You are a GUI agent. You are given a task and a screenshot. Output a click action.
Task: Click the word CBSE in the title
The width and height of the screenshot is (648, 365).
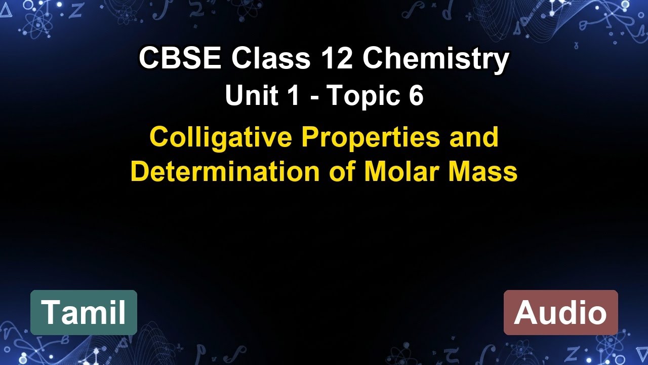(180, 59)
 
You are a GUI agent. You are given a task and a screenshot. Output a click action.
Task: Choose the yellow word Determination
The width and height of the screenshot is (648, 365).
(225, 172)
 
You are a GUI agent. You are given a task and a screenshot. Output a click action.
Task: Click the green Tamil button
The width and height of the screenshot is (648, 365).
(84, 312)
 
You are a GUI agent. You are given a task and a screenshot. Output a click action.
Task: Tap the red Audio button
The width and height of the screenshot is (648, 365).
(560, 312)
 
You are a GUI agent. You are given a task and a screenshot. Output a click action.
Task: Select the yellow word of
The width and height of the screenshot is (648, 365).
(342, 172)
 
